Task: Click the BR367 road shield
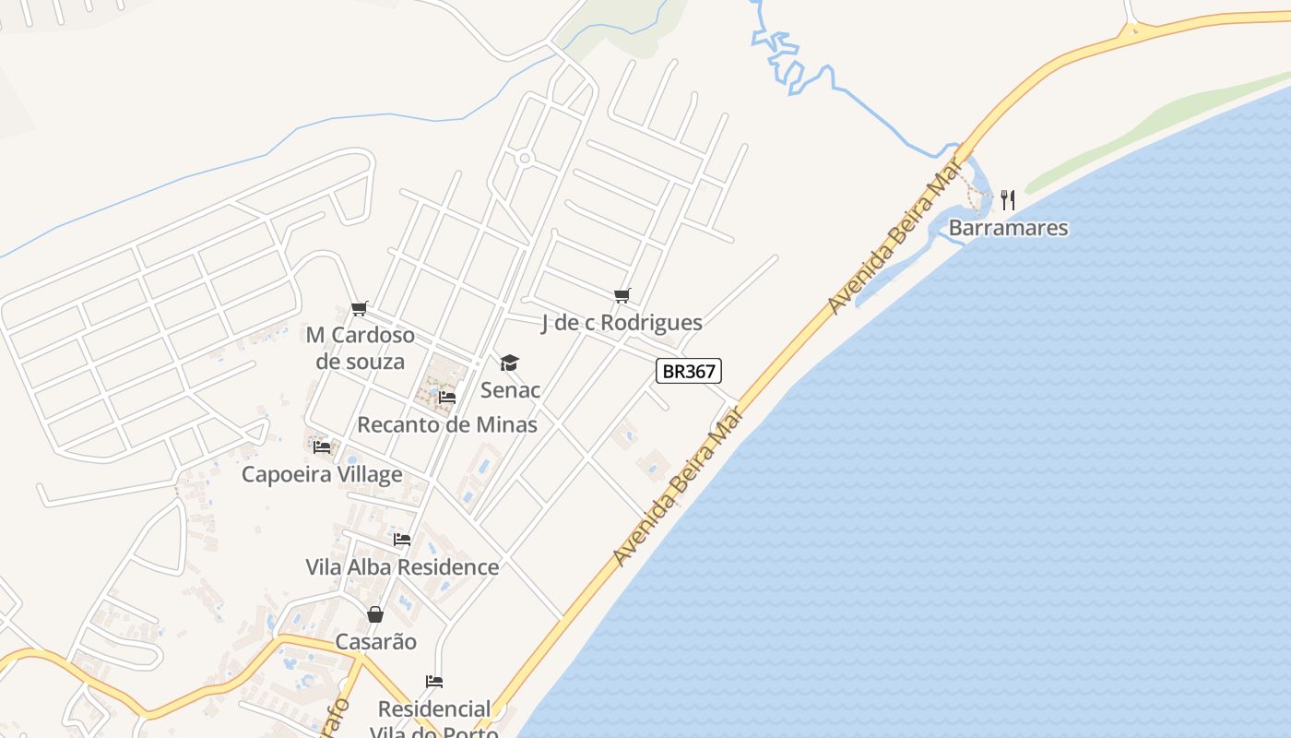point(688,371)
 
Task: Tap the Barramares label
point(1008,228)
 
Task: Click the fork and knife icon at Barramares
point(1008,199)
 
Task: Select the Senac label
point(510,390)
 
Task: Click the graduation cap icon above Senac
point(510,363)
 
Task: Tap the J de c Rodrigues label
point(622,323)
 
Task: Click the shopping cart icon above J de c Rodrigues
point(622,295)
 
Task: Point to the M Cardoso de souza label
point(361,348)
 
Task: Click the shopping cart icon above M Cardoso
point(359,308)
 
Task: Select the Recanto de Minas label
point(446,425)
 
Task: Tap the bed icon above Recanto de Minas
point(447,398)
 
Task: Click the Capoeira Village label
point(322,474)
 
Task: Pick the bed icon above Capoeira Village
point(322,446)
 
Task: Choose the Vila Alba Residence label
point(402,567)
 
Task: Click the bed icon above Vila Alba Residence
point(402,539)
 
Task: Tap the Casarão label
point(375,642)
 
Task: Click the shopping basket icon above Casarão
point(375,614)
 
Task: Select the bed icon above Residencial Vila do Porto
point(434,682)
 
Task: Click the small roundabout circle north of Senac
point(525,159)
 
